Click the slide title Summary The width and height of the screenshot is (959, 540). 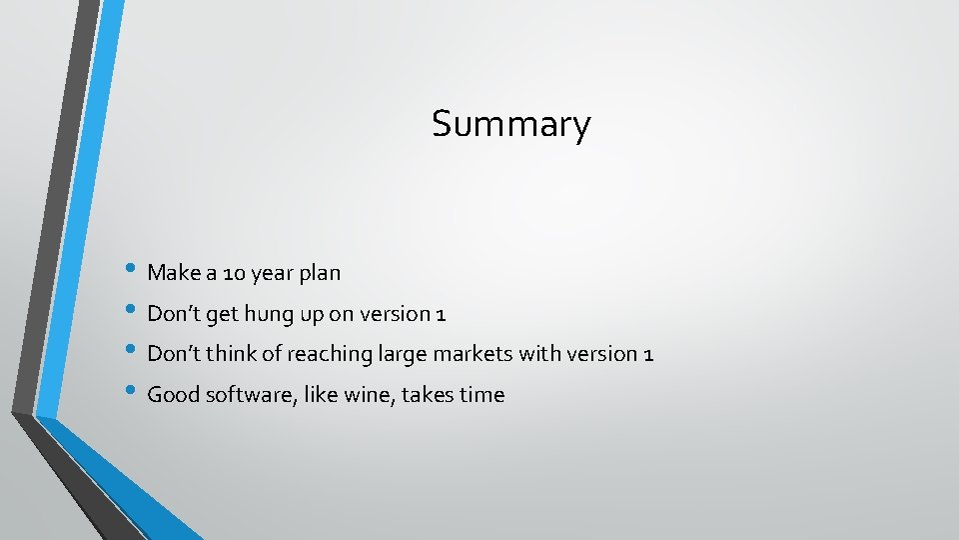point(510,125)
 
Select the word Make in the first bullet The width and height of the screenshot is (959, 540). point(172,272)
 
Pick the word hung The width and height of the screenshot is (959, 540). point(266,314)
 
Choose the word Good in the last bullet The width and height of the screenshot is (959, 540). point(173,395)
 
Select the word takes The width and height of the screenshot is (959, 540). point(430,395)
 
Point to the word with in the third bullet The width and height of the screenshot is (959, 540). point(536,354)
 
